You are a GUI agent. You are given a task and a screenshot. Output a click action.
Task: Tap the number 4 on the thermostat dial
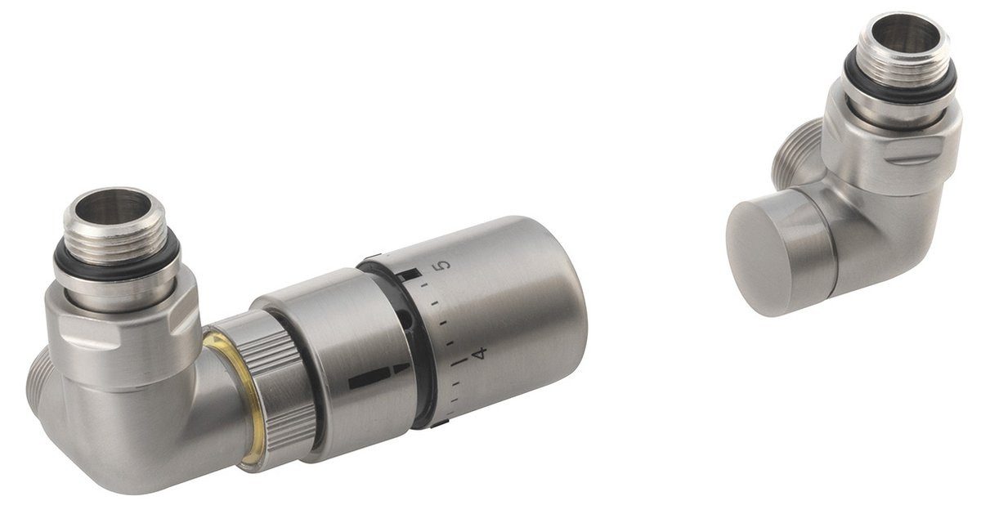click(x=480, y=353)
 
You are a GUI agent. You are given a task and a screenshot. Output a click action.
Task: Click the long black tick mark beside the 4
click(x=463, y=359)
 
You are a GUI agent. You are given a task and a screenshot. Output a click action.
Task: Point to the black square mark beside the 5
click(x=416, y=271)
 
